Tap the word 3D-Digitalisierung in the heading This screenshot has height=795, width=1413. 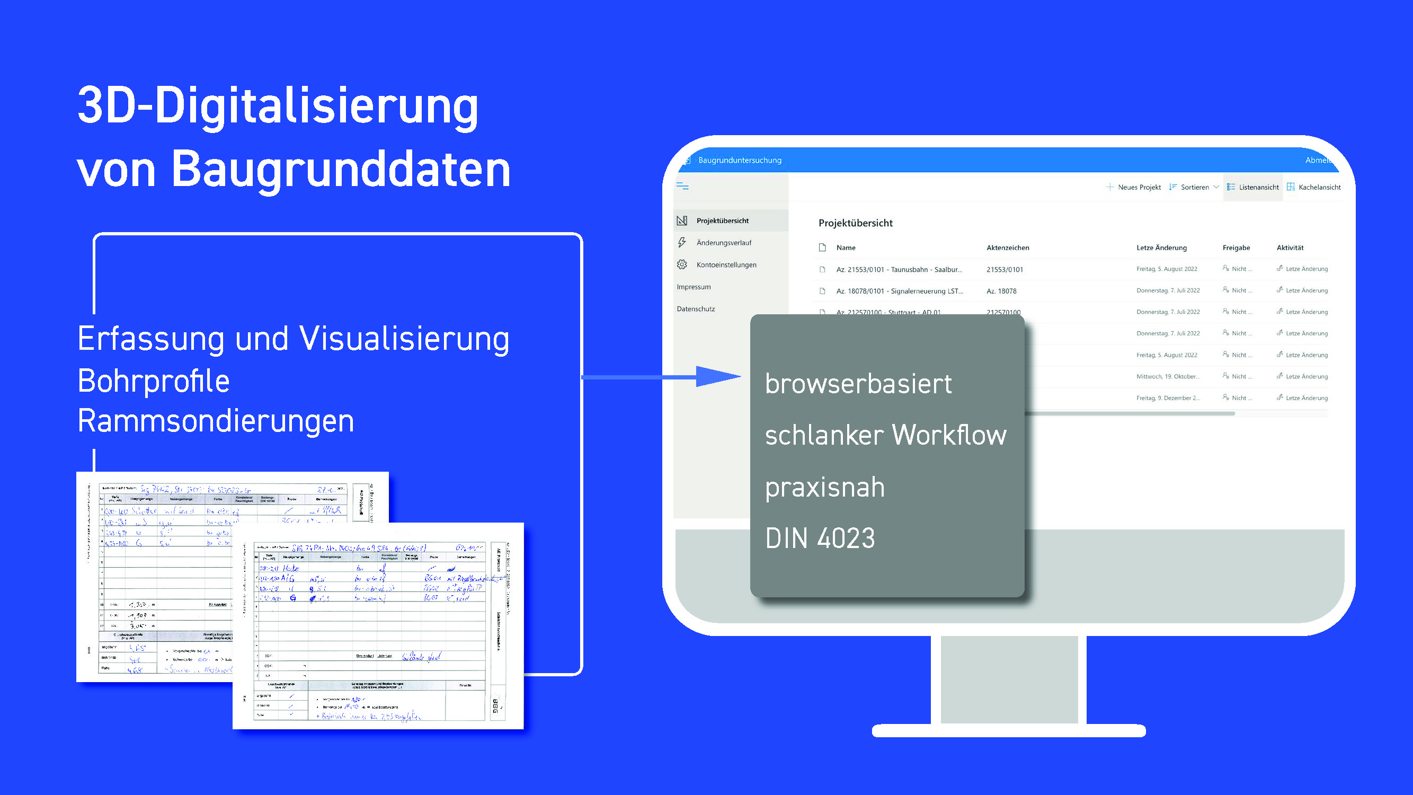coord(278,105)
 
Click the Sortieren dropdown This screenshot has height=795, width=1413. coord(1194,187)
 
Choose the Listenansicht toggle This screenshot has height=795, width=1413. coord(1253,187)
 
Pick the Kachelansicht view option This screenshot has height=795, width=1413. coord(1314,187)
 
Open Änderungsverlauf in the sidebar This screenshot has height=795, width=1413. coord(724,243)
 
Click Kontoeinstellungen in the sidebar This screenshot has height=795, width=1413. coord(726,264)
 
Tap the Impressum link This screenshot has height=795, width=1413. coord(694,287)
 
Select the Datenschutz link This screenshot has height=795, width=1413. coord(696,309)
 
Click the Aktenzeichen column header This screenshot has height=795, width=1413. coord(1008,248)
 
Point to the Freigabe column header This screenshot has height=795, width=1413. coord(1236,248)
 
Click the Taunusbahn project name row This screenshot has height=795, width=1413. coord(899,269)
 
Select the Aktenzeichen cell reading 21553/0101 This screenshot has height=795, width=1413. coord(1005,269)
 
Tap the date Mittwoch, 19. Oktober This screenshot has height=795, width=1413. coord(1168,376)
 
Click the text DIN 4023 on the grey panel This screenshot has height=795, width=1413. coord(820,537)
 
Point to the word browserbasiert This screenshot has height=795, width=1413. coord(858,383)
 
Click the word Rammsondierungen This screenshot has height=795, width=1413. coord(216,421)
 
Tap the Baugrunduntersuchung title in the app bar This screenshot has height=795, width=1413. coord(740,160)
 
